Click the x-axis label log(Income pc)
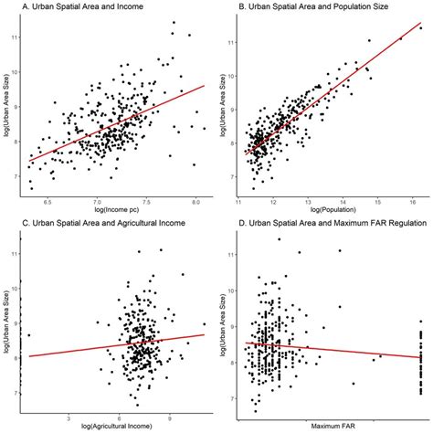point(117,211)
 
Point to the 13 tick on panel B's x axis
point(308,200)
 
